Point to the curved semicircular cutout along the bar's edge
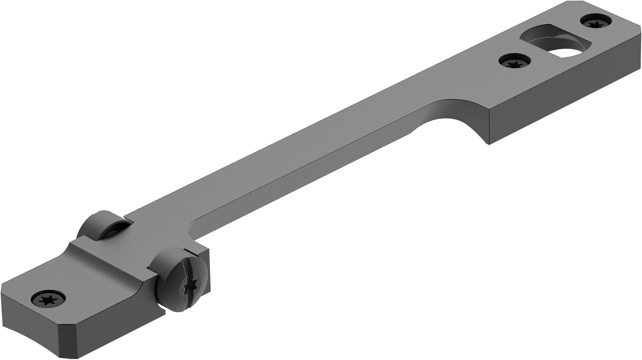click(454, 118)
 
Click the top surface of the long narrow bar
click(300, 163)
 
